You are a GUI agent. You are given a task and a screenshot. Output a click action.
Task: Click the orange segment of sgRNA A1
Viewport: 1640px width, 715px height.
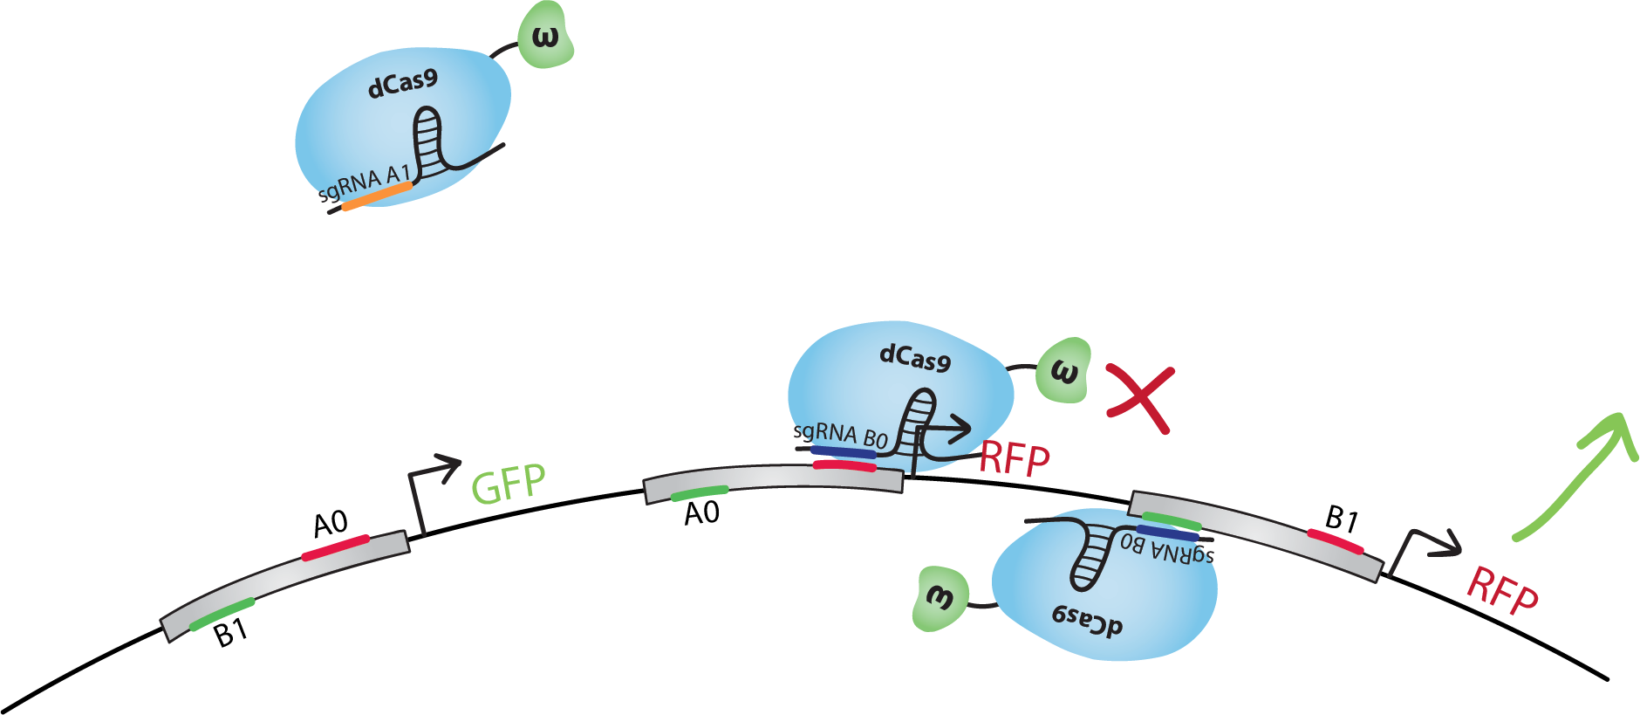[x=376, y=197]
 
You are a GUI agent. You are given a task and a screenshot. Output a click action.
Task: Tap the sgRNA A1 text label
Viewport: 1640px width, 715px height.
[x=365, y=183]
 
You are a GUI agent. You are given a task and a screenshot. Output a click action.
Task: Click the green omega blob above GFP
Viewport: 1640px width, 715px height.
[x=546, y=37]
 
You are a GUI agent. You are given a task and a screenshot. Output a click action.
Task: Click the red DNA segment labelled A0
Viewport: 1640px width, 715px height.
[x=335, y=547]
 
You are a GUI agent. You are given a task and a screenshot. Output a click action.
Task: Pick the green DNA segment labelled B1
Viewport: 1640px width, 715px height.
[x=222, y=614]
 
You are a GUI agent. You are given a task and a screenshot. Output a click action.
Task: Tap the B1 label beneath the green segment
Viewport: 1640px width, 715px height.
[x=231, y=632]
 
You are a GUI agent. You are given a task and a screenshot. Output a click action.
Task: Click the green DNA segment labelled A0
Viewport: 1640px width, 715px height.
[x=699, y=493]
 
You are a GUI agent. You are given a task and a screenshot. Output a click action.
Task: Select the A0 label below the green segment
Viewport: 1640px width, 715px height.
[x=701, y=513]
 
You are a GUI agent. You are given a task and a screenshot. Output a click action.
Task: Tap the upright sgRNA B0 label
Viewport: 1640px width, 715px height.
[x=839, y=434]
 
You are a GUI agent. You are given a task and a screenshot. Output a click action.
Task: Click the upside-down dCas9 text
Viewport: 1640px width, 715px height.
[x=1087, y=620]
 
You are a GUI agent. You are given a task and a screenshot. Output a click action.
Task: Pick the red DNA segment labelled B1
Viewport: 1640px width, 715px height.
[x=1335, y=541]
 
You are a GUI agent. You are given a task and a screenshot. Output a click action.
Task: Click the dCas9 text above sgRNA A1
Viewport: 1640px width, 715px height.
[x=402, y=85]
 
